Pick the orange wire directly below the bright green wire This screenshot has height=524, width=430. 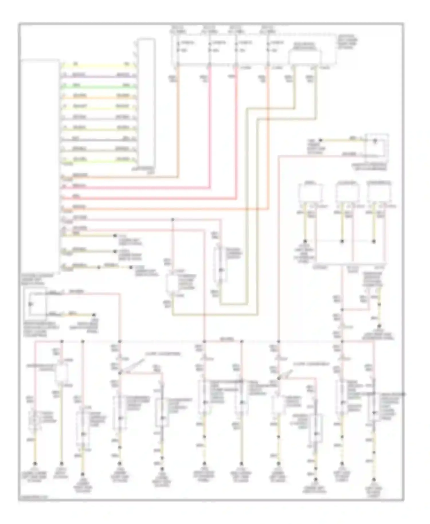click(97, 98)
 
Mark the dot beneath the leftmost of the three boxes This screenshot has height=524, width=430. click(305, 241)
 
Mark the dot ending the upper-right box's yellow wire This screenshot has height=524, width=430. click(321, 140)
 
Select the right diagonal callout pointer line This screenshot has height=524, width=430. click(287, 374)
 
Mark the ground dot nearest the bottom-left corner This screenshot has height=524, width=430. click(35, 464)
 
